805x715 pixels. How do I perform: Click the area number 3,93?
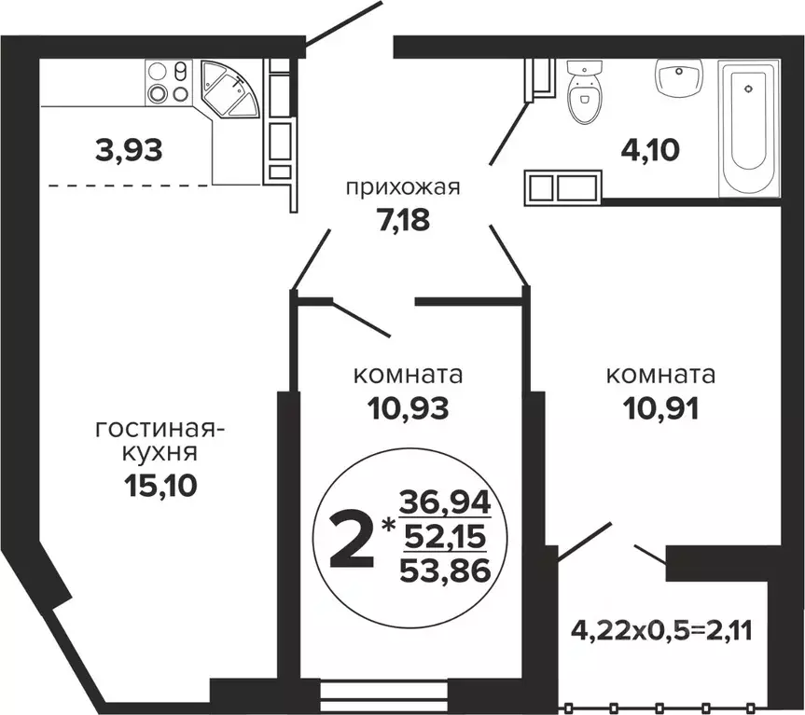[129, 148]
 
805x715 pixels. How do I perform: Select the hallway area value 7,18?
[404, 223]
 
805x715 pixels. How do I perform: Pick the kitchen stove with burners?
[168, 83]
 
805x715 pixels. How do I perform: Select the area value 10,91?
[660, 407]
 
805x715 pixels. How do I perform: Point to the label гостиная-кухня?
[160, 442]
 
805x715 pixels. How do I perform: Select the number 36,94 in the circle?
[444, 504]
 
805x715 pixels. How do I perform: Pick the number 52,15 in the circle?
[444, 539]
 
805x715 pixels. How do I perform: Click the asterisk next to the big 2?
[385, 527]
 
